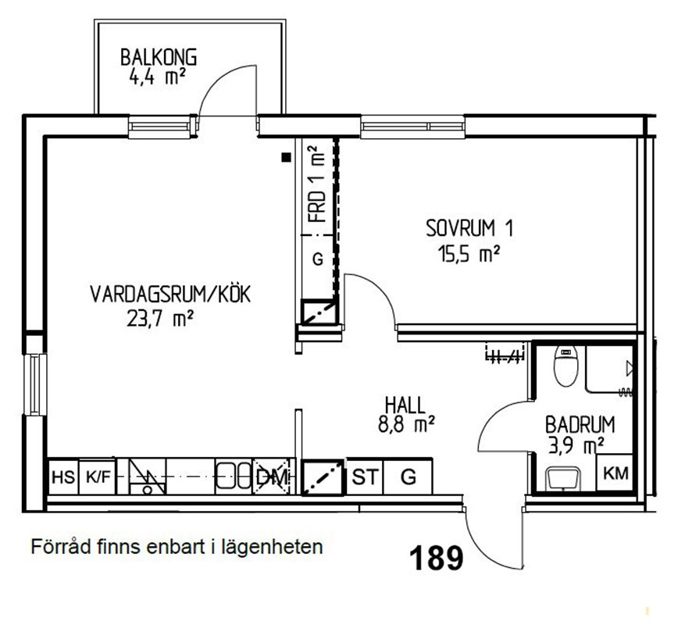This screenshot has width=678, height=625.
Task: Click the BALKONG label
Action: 159,58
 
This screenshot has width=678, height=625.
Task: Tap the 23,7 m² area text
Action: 159,320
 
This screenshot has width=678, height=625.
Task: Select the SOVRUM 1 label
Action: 469,228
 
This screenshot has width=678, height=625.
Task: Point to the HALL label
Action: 405,405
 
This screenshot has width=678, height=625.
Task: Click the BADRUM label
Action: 580,424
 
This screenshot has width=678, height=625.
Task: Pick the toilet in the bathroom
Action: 566,366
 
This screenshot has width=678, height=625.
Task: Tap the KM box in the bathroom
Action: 616,473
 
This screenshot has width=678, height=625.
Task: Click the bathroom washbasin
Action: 562,478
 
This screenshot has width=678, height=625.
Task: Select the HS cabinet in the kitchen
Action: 63,477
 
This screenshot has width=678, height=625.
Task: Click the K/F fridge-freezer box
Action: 98,477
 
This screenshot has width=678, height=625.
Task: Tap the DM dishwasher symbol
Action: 271,477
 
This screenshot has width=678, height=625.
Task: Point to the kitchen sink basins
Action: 234,476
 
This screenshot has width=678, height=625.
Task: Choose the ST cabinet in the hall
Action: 365,477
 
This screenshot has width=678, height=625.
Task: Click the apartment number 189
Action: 435,558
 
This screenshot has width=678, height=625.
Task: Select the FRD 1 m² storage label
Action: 317,184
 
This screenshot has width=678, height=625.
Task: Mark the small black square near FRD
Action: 286,158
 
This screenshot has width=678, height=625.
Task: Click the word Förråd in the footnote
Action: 60,546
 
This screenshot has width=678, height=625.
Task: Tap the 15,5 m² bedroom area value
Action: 469,254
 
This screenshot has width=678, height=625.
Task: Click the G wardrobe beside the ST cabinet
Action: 408,477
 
